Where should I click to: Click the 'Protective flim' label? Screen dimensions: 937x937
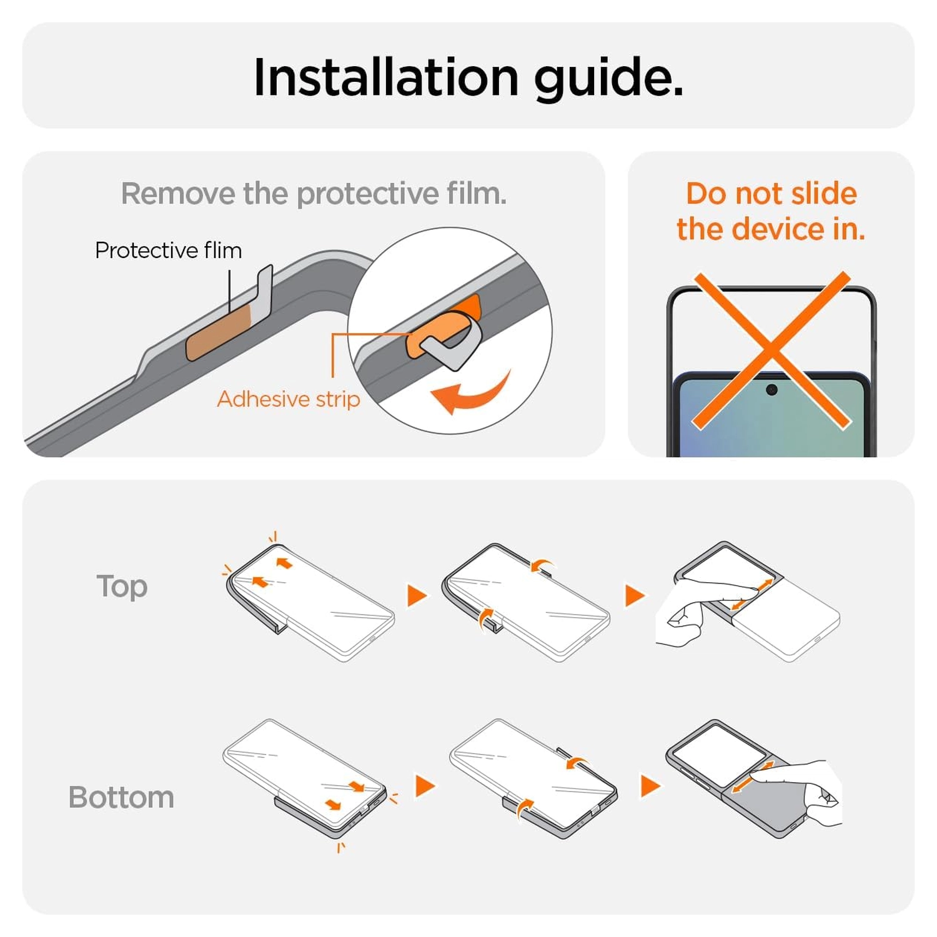tap(169, 250)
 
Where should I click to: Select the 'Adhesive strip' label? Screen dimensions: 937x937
tap(289, 399)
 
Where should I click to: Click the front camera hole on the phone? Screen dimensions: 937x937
tap(771, 390)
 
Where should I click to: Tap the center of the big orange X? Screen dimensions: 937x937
tap(771, 350)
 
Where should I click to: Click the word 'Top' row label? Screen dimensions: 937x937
tap(122, 587)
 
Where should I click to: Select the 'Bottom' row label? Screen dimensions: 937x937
tap(121, 798)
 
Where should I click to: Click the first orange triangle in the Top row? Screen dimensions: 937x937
tap(416, 595)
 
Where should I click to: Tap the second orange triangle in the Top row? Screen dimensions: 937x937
tap(633, 595)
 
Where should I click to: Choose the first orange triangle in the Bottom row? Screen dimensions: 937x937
tap(424, 786)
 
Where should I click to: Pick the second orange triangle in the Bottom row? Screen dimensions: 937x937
tap(650, 786)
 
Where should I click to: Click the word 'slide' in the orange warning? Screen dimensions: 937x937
tap(824, 194)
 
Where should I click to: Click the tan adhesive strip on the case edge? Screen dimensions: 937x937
tap(219, 333)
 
